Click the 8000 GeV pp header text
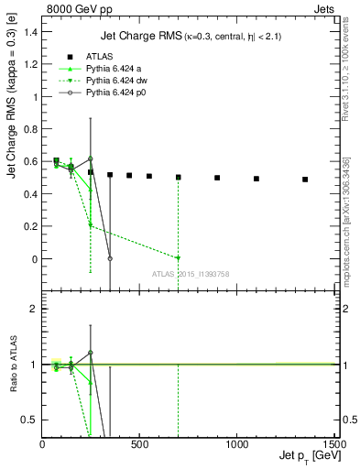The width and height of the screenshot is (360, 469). pyautogui.click(x=74, y=7)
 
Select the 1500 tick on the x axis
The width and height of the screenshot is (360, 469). pyautogui.click(x=333, y=444)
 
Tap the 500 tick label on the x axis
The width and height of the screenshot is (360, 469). pyautogui.click(x=139, y=444)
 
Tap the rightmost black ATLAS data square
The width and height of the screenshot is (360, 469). pyautogui.click(x=305, y=180)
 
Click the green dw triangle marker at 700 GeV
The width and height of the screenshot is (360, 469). pyautogui.click(x=178, y=258)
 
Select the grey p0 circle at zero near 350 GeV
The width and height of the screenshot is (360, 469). pyautogui.click(x=110, y=258)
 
